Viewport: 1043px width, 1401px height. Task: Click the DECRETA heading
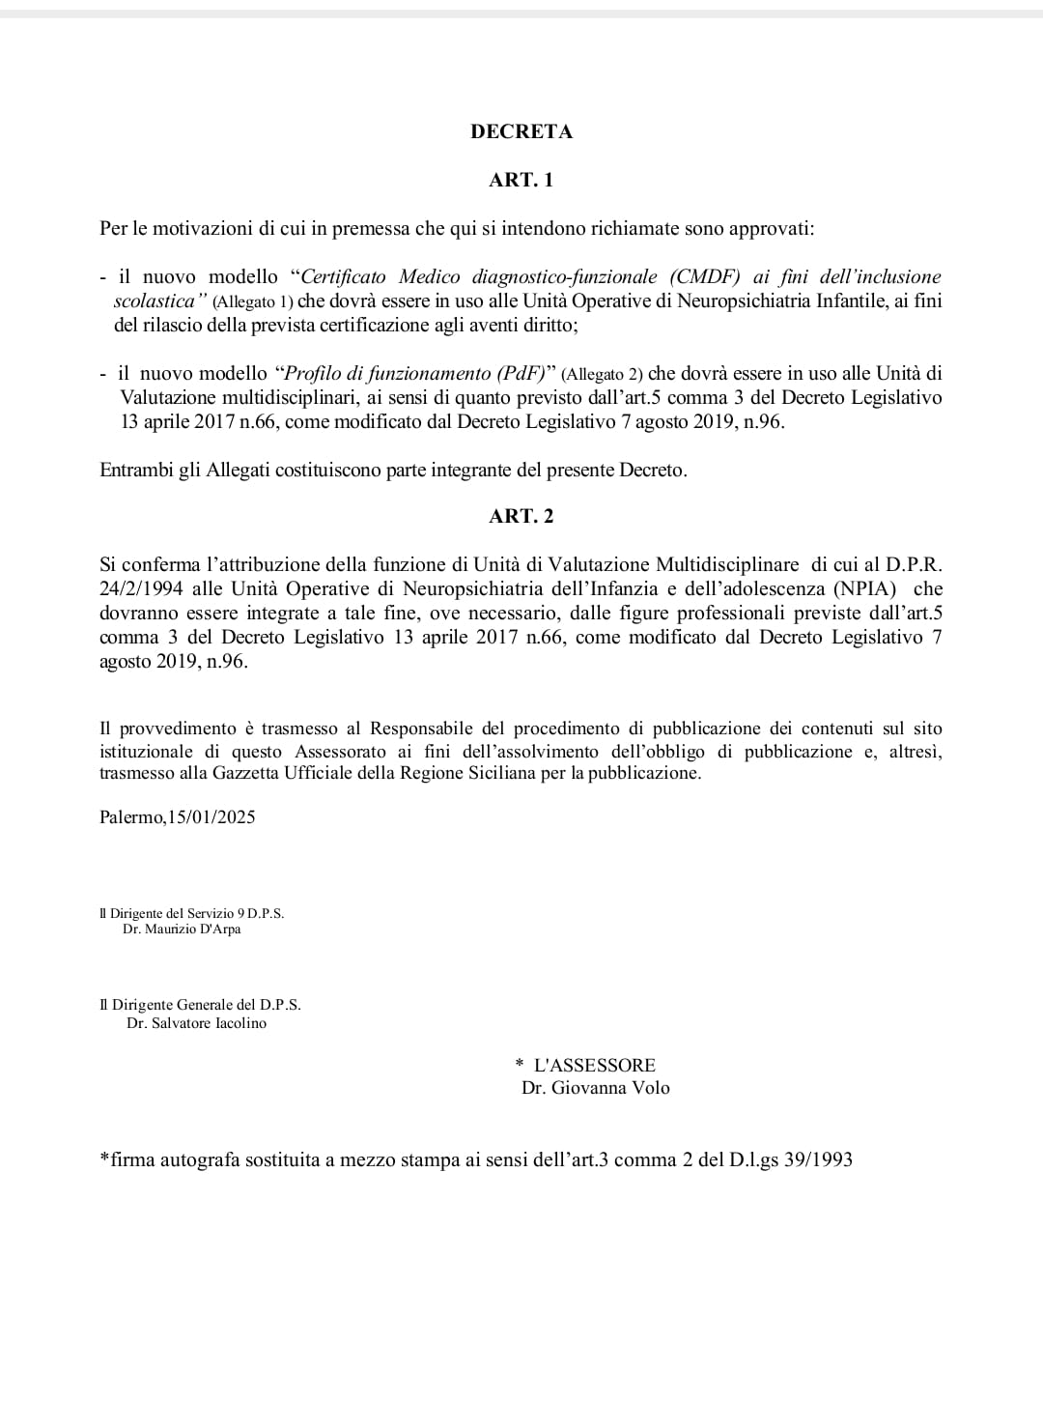click(521, 132)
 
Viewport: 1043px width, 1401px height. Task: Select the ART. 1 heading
click(521, 180)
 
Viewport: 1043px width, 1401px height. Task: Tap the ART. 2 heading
click(521, 516)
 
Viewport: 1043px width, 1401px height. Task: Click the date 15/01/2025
click(211, 817)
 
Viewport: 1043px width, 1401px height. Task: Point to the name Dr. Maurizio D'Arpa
click(182, 929)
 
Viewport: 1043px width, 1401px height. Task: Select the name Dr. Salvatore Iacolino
click(196, 1023)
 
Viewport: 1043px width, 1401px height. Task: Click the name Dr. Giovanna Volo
click(595, 1088)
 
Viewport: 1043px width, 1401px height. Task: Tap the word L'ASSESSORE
click(594, 1065)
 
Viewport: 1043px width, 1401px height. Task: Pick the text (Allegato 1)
click(252, 301)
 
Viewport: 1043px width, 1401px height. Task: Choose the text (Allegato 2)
click(602, 374)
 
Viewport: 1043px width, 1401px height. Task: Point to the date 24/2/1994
click(142, 588)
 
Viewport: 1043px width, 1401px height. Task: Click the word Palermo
click(131, 817)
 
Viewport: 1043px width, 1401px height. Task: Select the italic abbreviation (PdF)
click(513, 373)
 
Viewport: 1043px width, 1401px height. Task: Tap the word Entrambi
click(137, 471)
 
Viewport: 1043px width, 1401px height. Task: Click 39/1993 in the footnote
click(819, 1159)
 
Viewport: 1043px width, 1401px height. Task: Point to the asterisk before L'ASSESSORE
click(520, 1066)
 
